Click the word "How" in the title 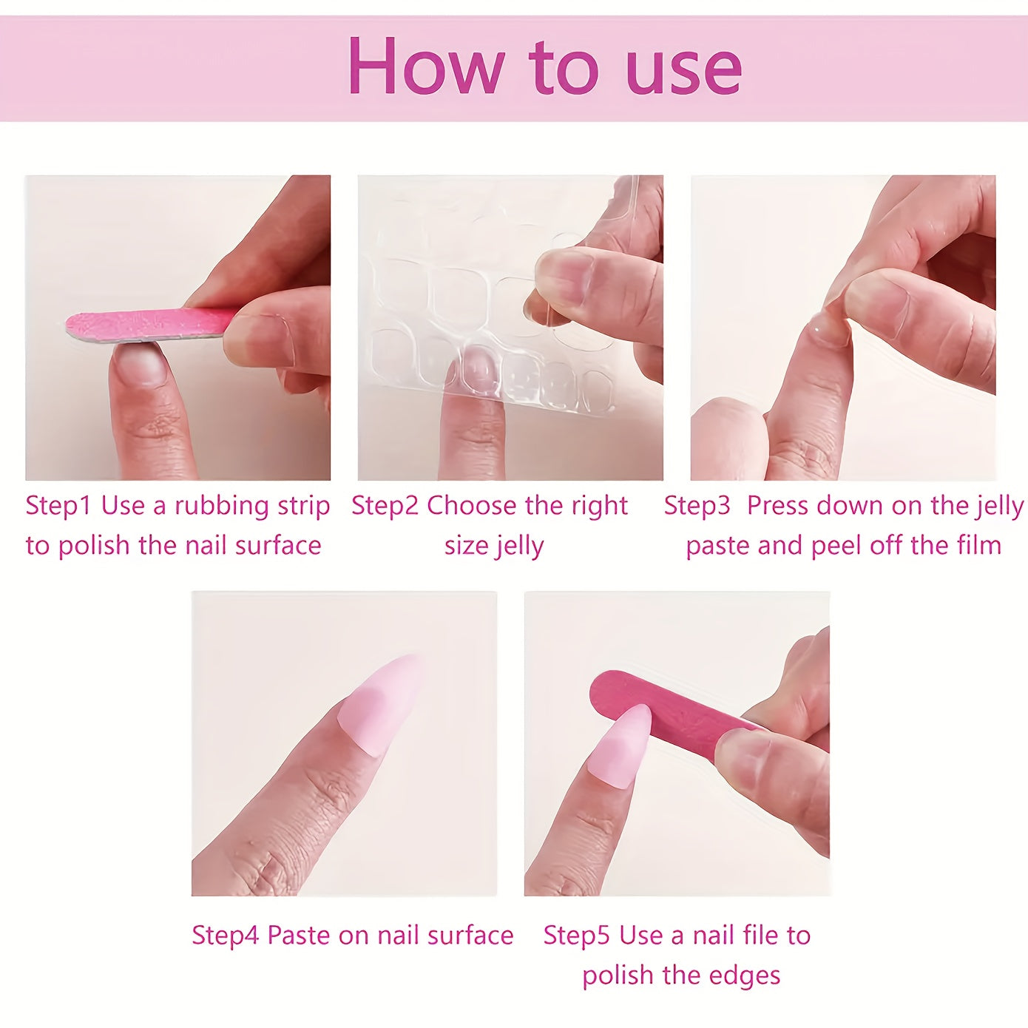pos(424,67)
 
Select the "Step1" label pos(58,506)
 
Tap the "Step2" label pos(385,506)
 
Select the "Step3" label pos(697,506)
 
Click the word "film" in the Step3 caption pos(978,546)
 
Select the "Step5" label pos(577,936)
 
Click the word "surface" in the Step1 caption pos(278,546)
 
